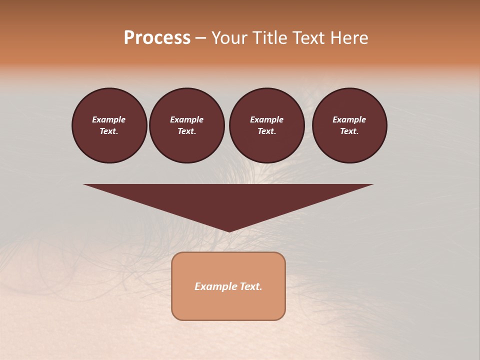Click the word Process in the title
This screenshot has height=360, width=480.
(x=157, y=38)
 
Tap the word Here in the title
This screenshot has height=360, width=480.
(x=349, y=38)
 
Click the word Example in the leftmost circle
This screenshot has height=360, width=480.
(x=109, y=119)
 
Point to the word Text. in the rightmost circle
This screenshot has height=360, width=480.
(x=349, y=131)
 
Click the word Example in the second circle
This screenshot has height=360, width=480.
(x=186, y=119)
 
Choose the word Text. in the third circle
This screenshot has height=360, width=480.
(x=266, y=131)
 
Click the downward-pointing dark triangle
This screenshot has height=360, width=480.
(x=228, y=200)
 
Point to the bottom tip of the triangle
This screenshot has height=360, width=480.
(x=228, y=230)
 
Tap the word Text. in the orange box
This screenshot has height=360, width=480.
(x=250, y=286)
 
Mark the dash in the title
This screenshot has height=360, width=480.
(x=201, y=38)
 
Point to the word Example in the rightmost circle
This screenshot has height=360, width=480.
(x=349, y=119)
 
